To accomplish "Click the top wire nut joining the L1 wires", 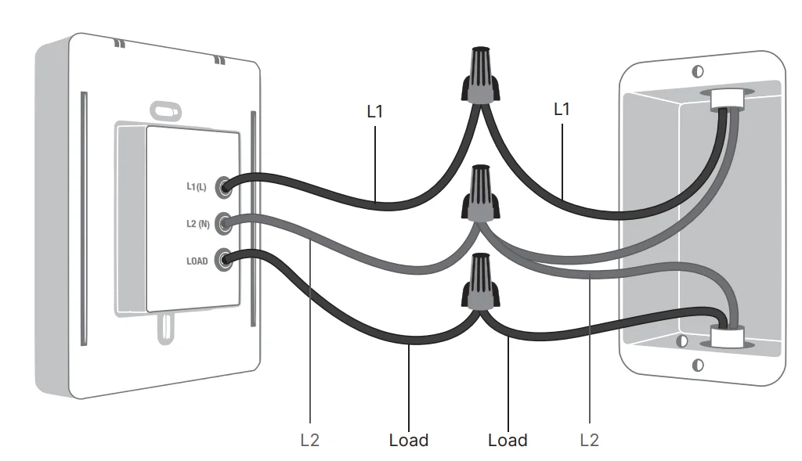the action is click(x=480, y=76).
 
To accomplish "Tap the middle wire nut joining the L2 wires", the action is click(x=480, y=193).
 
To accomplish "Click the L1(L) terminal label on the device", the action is click(x=197, y=186).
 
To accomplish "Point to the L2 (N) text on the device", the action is click(x=198, y=224).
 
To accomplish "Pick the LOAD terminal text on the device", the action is click(x=197, y=261).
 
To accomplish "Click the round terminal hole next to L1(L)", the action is click(x=223, y=188).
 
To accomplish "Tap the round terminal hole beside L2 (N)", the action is click(x=223, y=223).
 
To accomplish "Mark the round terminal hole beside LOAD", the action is click(x=223, y=260).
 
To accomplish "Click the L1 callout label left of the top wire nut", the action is click(x=375, y=111).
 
